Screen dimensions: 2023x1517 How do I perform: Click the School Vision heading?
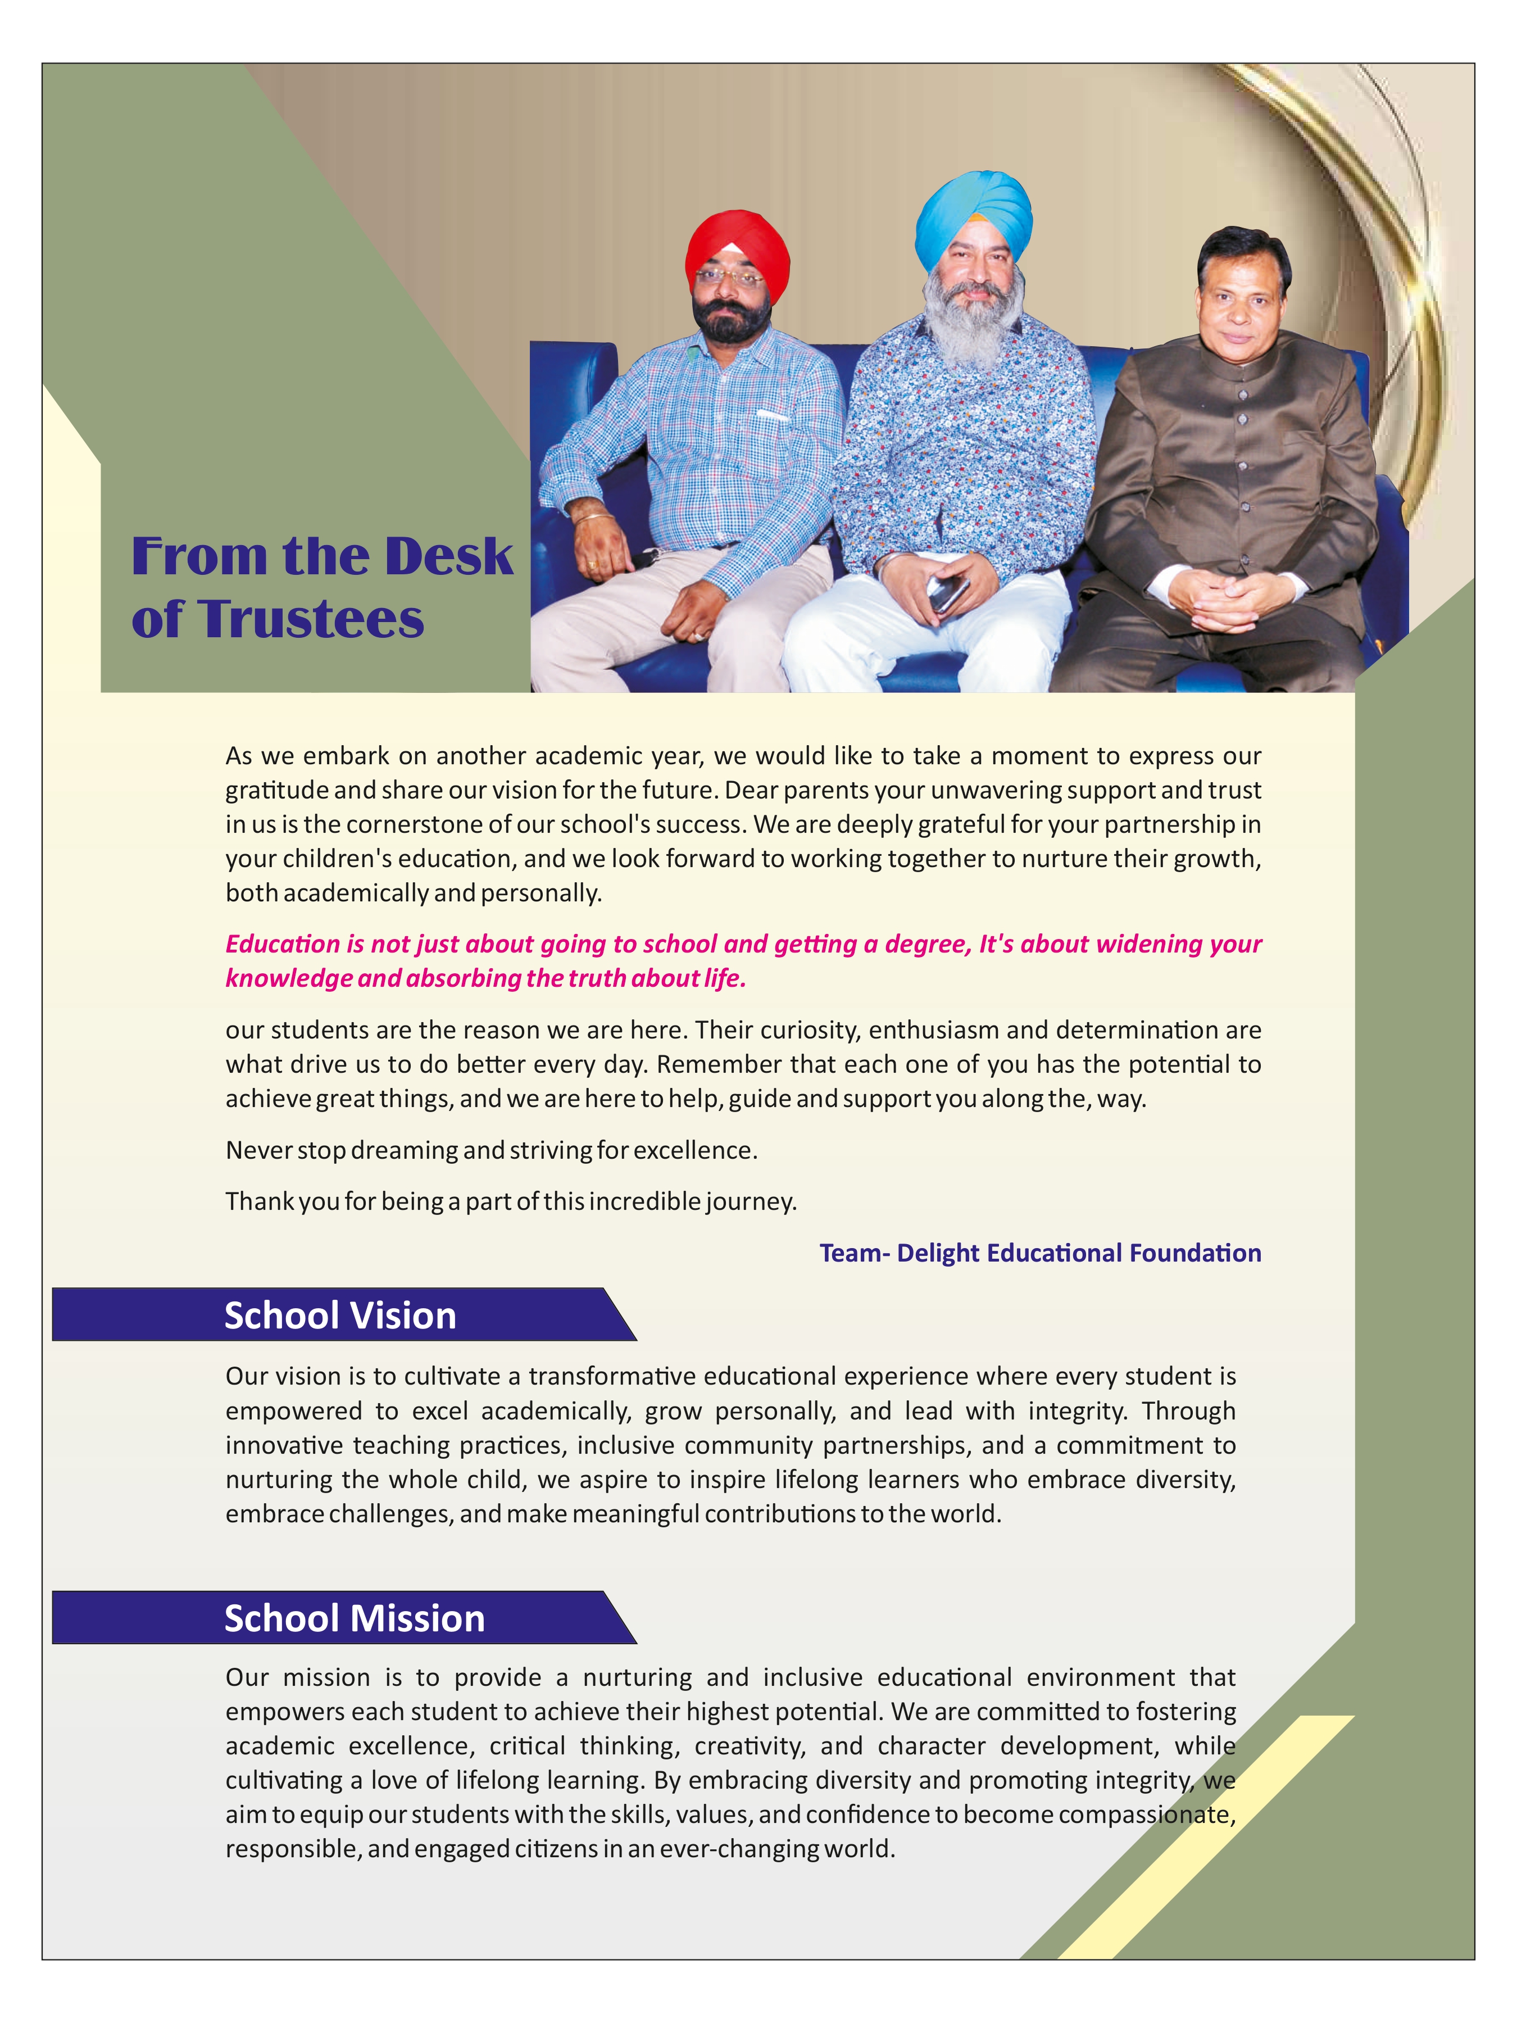(x=340, y=1315)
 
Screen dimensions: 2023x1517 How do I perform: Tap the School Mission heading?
(x=354, y=1618)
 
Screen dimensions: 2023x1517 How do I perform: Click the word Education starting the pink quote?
(x=283, y=944)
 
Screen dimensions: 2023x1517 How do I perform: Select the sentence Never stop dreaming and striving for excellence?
(x=491, y=1150)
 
